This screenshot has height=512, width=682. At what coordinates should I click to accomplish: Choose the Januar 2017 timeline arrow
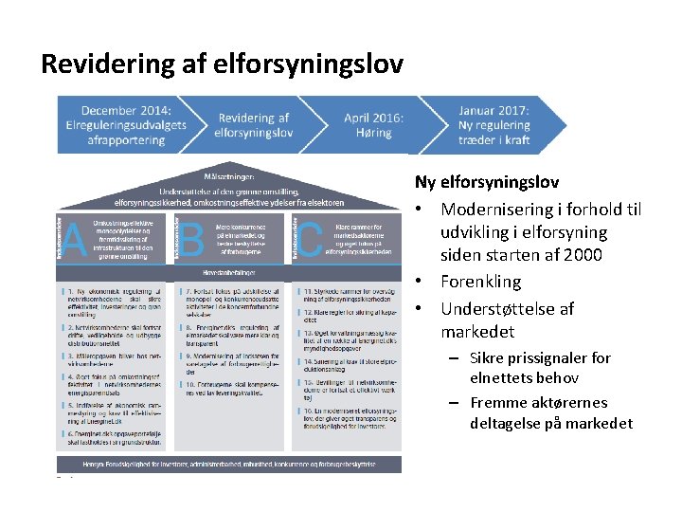[x=494, y=124]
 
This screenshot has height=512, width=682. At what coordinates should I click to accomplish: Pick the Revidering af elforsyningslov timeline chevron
[x=253, y=125]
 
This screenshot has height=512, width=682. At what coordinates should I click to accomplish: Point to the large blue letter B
[x=192, y=239]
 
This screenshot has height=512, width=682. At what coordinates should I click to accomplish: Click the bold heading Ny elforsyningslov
[x=486, y=181]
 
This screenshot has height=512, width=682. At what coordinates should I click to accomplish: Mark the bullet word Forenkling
[x=480, y=282]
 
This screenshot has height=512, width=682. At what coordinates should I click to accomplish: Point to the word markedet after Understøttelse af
[x=477, y=332]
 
